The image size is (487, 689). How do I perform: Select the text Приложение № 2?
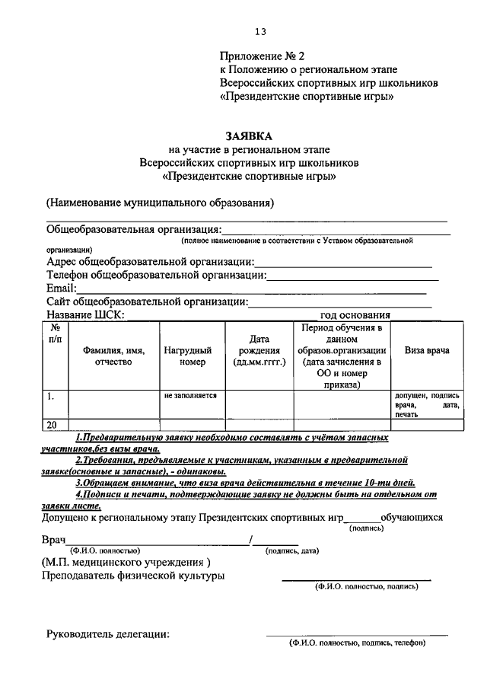click(261, 56)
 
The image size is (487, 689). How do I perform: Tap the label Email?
click(62, 289)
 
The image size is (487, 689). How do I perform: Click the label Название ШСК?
click(85, 315)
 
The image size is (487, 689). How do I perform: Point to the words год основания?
click(355, 315)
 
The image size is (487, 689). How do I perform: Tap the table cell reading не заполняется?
click(190, 396)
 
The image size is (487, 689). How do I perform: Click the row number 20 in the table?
click(53, 425)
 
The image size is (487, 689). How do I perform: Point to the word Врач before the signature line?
click(53, 539)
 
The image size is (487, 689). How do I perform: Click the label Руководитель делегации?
click(108, 634)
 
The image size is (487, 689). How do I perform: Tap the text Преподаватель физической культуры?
click(135, 576)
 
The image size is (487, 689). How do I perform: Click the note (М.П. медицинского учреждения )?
click(126, 562)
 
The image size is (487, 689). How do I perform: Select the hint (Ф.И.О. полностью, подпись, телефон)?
click(356, 643)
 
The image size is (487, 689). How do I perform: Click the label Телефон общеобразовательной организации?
click(156, 275)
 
